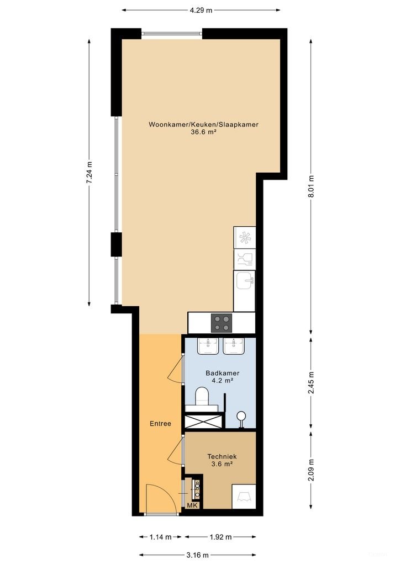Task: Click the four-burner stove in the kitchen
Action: [222, 322]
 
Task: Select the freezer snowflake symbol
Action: [244, 237]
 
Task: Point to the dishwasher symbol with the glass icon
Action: [244, 258]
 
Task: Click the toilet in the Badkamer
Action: [202, 396]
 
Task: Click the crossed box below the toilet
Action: [204, 421]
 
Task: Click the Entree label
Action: [160, 424]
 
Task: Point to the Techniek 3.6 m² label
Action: [222, 460]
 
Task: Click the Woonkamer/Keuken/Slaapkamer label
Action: [203, 128]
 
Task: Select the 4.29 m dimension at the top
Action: [201, 10]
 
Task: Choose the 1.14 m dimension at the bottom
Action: [161, 536]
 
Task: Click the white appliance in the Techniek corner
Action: [243, 497]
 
